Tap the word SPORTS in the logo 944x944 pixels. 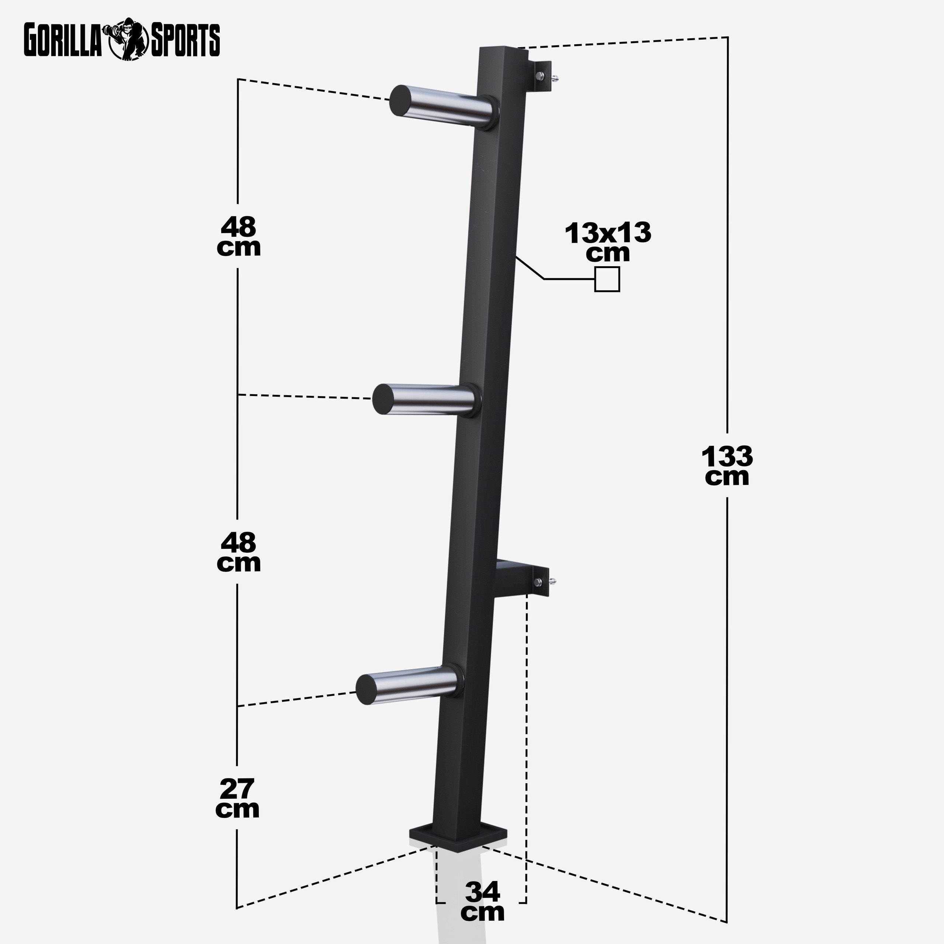pos(185,41)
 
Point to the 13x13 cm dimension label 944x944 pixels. pos(608,242)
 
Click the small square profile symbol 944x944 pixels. pos(607,280)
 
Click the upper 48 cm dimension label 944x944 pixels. pos(239,237)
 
